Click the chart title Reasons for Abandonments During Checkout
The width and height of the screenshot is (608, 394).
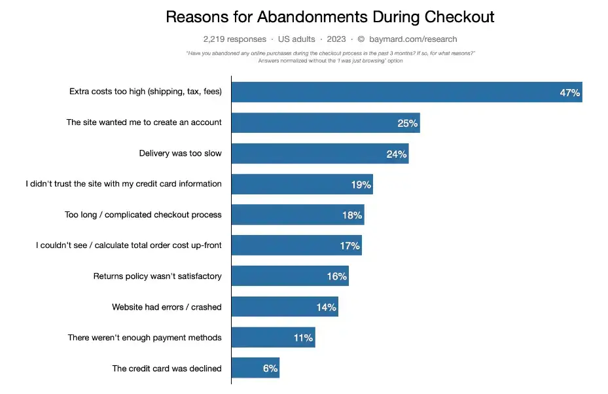330,16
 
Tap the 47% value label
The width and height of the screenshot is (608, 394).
569,93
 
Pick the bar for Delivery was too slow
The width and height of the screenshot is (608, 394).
319,154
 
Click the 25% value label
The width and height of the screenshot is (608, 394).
407,123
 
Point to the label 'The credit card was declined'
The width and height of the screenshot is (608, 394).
167,368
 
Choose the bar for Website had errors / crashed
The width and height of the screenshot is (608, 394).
284,307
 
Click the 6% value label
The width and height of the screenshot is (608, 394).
270,368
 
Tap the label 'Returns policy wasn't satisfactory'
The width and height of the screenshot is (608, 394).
158,276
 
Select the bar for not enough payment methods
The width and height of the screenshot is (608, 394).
273,338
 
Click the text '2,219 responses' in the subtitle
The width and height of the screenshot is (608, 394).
235,39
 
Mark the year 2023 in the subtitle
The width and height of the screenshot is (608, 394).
335,39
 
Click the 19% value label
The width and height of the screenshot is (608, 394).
361,185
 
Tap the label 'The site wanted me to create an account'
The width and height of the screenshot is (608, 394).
144,122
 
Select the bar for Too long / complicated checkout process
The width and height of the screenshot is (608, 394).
297,215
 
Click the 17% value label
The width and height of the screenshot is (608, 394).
349,246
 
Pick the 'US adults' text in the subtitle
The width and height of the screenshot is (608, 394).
296,39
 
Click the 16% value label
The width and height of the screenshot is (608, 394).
336,276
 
